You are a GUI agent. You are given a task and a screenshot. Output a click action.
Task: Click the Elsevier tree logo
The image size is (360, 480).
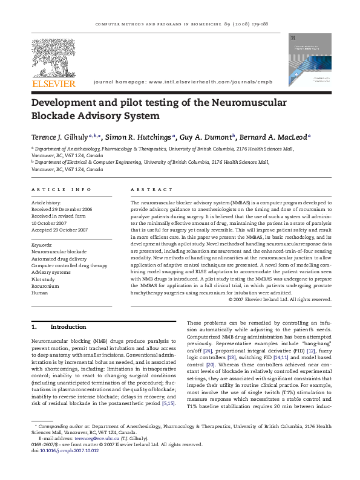(54, 57)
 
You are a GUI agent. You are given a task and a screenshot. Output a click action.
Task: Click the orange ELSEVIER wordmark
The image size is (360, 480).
(54, 83)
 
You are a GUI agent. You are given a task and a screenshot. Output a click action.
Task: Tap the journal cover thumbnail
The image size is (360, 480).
(306, 59)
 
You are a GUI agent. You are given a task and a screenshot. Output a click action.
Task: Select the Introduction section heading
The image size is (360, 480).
(68, 327)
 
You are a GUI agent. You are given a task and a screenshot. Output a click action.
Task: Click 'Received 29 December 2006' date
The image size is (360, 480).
(62, 209)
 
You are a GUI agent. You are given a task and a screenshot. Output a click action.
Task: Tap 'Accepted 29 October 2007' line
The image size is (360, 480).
(59, 230)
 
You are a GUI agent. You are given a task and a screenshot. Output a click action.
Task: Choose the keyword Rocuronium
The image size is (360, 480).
(45, 286)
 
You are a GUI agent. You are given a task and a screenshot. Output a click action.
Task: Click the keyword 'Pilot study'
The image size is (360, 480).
(43, 279)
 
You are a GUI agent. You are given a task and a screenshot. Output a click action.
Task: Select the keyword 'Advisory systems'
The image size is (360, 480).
(50, 272)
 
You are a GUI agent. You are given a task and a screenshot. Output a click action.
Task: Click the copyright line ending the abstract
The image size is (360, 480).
(278, 299)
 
